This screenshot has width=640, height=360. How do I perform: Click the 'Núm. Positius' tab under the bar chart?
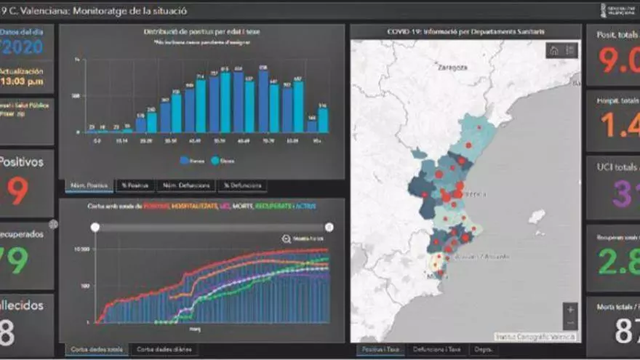[89, 186]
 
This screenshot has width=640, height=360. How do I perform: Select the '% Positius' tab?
[135, 186]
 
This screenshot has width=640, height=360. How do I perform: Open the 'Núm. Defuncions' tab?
[186, 186]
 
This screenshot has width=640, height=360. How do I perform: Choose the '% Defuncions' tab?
[242, 186]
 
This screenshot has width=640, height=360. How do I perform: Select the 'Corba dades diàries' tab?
[164, 350]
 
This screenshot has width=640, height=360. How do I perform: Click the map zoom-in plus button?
[569, 309]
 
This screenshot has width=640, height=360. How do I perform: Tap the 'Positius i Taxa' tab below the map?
[380, 350]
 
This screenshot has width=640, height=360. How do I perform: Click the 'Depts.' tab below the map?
[484, 350]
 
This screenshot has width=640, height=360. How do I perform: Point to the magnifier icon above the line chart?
[287, 238]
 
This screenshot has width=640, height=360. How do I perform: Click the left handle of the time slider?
[95, 227]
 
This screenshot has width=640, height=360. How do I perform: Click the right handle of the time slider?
[329, 227]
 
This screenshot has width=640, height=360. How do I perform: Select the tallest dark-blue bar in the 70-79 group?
[263, 100]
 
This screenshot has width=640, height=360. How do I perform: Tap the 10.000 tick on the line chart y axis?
[81, 249]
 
